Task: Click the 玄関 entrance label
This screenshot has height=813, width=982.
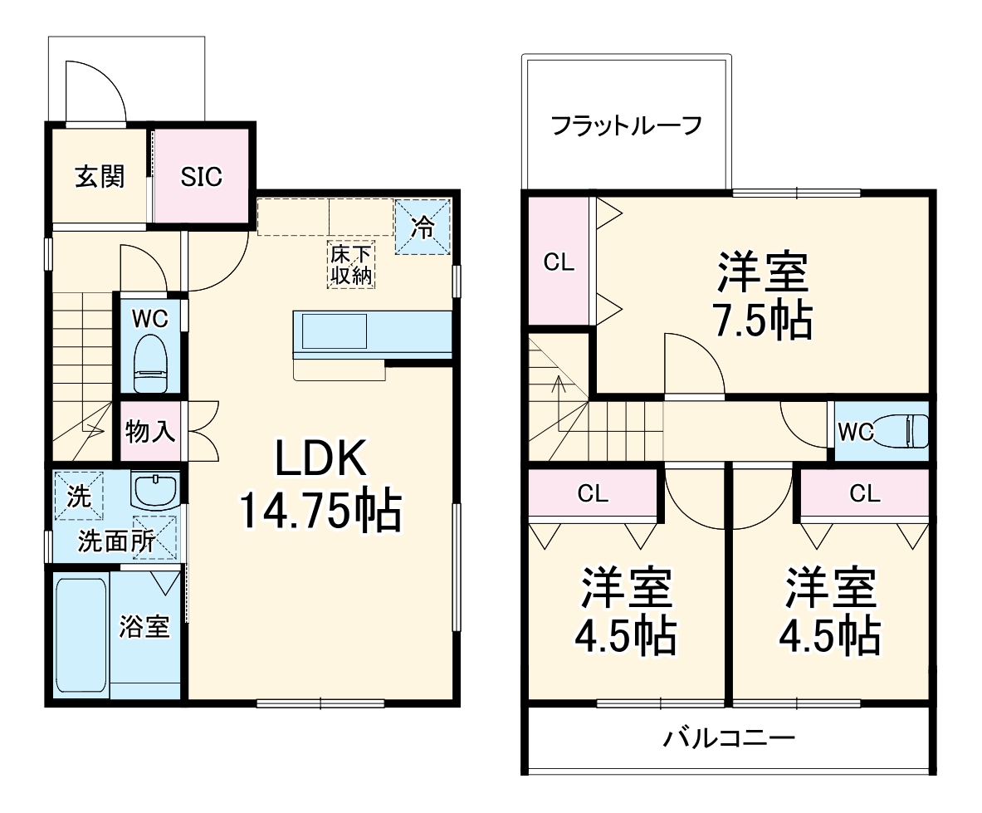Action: [x=100, y=176]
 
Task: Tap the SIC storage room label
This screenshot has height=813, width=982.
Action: [x=202, y=176]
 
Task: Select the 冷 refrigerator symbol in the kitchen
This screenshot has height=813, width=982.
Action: [x=423, y=227]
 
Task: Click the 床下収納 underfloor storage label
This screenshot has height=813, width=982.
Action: [x=350, y=265]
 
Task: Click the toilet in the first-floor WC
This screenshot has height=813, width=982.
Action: [x=150, y=364]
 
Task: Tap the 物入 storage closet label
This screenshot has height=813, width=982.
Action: [x=150, y=431]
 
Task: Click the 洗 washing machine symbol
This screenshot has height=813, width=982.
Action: [x=79, y=497]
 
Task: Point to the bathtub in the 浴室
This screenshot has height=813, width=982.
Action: [x=81, y=634]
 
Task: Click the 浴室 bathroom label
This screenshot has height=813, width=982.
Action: [x=144, y=627]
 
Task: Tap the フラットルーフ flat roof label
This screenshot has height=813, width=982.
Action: [x=627, y=126]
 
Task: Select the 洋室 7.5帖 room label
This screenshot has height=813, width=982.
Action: [x=762, y=295]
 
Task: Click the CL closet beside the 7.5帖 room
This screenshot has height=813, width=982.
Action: [x=559, y=262]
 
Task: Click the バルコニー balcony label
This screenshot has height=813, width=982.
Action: [x=729, y=737]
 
